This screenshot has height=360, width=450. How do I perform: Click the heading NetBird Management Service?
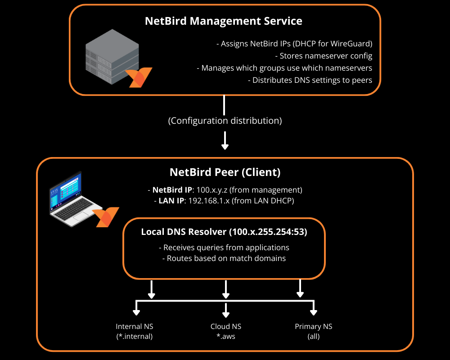click(224, 21)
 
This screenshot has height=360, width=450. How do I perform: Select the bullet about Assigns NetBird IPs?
click(294, 44)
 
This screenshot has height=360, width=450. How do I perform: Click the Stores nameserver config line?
click(323, 56)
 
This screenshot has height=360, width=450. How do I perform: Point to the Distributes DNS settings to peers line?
click(310, 81)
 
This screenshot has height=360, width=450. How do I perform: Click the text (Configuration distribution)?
click(225, 121)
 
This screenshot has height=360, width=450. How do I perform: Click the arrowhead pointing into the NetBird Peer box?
click(225, 146)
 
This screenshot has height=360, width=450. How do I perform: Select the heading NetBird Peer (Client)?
click(225, 172)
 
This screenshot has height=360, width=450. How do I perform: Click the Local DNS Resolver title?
click(224, 232)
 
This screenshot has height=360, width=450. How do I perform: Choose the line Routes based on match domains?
click(224, 258)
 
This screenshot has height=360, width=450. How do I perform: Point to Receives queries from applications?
click(224, 247)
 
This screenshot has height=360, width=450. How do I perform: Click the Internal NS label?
click(134, 327)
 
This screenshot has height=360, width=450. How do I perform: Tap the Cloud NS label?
click(225, 327)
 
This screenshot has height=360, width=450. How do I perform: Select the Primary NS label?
click(313, 327)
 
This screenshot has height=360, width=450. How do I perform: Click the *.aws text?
click(225, 336)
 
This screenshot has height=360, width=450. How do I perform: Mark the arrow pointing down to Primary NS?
click(314, 311)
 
